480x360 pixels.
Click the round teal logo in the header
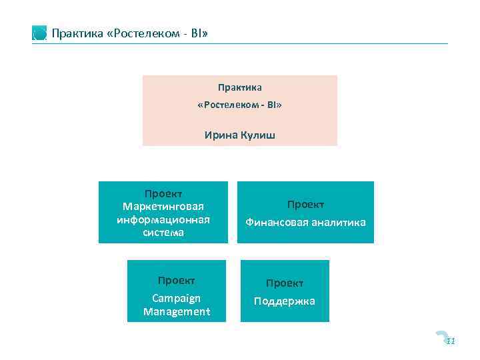click(x=39, y=33)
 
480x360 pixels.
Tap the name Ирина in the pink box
click(x=219, y=135)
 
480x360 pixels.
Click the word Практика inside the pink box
click(x=240, y=87)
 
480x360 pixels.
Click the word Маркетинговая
click(x=163, y=206)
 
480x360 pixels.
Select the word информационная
click(x=163, y=219)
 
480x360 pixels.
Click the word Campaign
click(x=176, y=298)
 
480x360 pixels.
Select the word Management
click(x=176, y=311)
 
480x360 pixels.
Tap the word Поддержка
click(x=285, y=301)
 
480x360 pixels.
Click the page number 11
click(x=451, y=341)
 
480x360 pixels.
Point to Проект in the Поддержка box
click(x=285, y=283)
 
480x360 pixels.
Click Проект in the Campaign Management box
click(x=176, y=280)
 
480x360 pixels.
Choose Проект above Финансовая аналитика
click(x=305, y=204)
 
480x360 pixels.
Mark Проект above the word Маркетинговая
click(x=163, y=193)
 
